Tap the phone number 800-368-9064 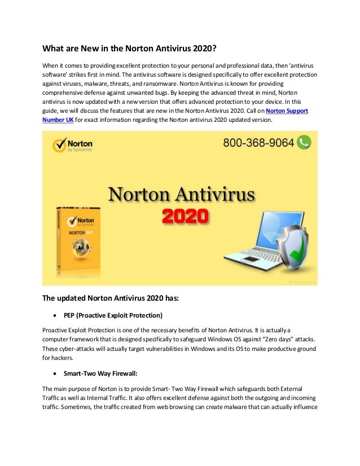[258, 143]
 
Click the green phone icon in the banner [305, 142]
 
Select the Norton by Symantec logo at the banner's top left [73, 145]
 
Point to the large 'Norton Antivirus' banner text [181, 195]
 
